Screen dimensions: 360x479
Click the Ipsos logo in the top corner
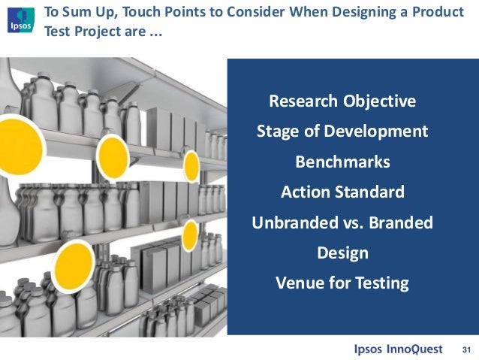pyautogui.click(x=18, y=18)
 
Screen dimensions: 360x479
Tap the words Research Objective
pyautogui.click(x=342, y=101)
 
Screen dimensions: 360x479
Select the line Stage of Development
pyautogui.click(x=342, y=132)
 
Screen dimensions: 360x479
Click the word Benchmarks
pyautogui.click(x=342, y=162)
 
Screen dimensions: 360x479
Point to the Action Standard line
pyautogui.click(x=342, y=192)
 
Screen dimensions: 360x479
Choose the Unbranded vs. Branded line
pyautogui.click(x=342, y=223)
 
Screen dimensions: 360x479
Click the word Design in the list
pyautogui.click(x=342, y=253)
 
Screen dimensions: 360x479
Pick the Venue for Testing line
pyautogui.click(x=342, y=283)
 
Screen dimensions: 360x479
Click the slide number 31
pyautogui.click(x=465, y=349)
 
